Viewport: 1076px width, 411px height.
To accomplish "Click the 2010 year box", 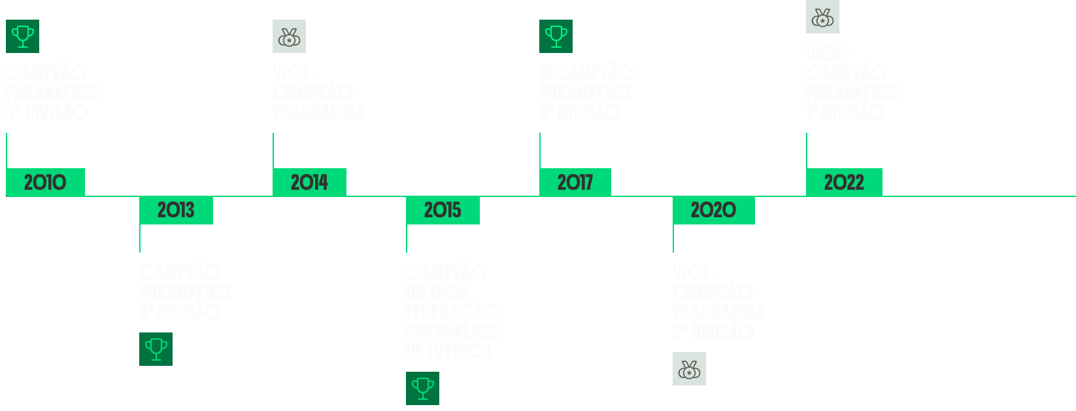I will (x=45, y=182).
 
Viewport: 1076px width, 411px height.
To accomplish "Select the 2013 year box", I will (x=176, y=210).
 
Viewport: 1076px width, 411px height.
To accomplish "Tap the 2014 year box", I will (x=309, y=182).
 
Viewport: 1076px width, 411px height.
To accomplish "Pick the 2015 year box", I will (x=443, y=210).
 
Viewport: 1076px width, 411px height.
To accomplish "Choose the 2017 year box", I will (x=575, y=182).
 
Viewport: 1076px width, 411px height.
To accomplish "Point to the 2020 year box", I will (x=713, y=210).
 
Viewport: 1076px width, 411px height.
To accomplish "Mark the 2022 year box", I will (x=844, y=182).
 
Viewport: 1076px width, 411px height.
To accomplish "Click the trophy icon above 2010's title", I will (x=23, y=36).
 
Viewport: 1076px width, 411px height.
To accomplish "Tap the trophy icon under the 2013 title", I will (x=156, y=349).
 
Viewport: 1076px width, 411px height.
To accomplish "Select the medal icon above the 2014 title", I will (x=289, y=36).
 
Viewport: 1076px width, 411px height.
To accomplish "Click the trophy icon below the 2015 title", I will (x=422, y=388).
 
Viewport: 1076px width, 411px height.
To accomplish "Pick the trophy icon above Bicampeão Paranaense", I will (x=556, y=36).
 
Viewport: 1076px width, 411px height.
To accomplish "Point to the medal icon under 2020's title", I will (x=689, y=368).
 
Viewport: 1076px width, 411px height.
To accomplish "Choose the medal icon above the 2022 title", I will (x=822, y=16).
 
